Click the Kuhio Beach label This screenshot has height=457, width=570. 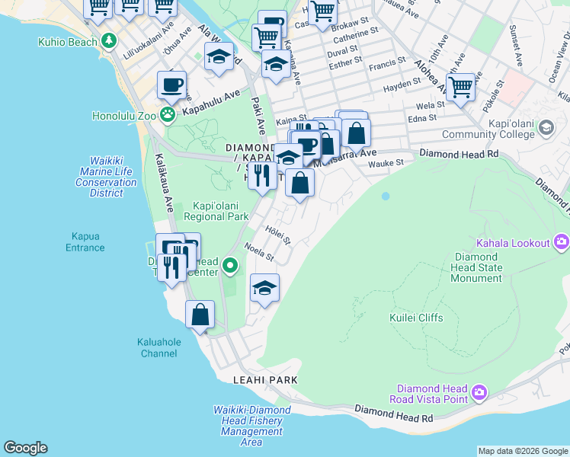[x=67, y=41]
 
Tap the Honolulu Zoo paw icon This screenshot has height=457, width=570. [x=167, y=116]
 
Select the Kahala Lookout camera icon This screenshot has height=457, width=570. [x=562, y=243]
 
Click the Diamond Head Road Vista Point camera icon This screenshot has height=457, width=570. [x=479, y=393]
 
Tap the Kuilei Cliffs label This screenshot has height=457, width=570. [x=415, y=318]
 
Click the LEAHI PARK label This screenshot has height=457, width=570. [x=265, y=379]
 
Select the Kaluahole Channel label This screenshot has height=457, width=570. [x=160, y=348]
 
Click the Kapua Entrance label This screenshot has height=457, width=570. [x=85, y=242]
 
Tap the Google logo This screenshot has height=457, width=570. [x=25, y=448]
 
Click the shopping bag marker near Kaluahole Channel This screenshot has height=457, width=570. [x=200, y=315]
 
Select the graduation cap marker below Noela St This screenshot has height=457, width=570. [x=264, y=289]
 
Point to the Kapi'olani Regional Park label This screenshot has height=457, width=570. [x=221, y=211]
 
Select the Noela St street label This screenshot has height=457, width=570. [x=259, y=251]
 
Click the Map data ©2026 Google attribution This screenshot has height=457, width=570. [x=522, y=451]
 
